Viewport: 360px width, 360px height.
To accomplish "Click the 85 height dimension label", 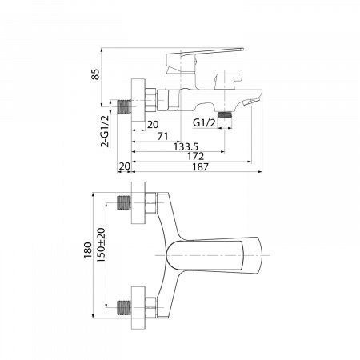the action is point(95,74).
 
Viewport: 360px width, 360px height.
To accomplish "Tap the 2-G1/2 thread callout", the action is point(105,131).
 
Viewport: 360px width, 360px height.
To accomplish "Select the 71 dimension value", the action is point(162,136).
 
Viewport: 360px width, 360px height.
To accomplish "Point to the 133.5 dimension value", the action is point(186,146).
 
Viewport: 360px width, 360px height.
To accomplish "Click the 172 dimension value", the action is point(195,156).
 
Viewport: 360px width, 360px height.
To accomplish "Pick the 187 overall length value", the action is point(200,167).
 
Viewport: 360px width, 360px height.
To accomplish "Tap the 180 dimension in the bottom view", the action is point(88,250).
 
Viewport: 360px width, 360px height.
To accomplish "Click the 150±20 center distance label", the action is point(101,246).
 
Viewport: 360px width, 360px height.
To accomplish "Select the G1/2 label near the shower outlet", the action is point(204,123).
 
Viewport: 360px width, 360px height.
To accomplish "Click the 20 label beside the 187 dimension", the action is point(125,166).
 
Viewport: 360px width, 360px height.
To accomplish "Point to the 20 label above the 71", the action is point(153,124).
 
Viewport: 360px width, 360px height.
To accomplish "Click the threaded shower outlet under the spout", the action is point(225,115).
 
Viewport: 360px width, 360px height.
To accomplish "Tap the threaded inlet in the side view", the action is point(124,107).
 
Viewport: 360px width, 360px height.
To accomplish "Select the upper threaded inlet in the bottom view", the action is point(124,202).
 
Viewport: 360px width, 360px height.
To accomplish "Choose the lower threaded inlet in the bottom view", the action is point(124,307).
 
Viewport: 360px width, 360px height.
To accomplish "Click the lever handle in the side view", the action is point(205,57).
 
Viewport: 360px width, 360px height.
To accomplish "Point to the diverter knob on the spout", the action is point(229,81).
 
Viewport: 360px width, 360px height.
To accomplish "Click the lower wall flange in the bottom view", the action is point(138,308).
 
